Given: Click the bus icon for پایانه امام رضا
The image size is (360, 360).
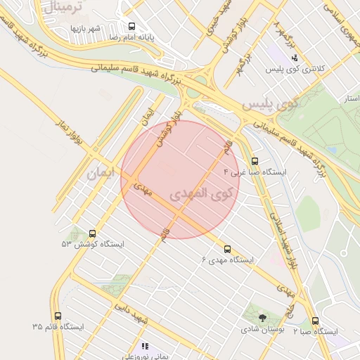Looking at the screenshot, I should click(x=131, y=26).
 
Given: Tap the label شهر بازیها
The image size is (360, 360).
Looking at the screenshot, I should click(x=87, y=28).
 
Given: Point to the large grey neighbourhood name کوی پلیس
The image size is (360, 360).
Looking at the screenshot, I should click(x=271, y=103).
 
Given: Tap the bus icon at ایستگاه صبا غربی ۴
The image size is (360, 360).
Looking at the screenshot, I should click(x=255, y=161).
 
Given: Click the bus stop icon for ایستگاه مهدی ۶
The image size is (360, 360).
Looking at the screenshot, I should click(x=226, y=249).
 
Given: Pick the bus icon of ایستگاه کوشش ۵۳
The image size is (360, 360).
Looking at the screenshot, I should click(x=92, y=233).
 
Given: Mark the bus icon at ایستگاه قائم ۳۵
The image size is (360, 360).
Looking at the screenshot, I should click(x=57, y=316).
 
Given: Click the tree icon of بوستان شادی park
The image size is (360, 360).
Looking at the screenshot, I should click(x=262, y=318).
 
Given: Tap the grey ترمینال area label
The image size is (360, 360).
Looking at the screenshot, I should click(x=67, y=8).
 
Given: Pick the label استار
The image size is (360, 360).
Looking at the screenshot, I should click(x=347, y=101).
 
